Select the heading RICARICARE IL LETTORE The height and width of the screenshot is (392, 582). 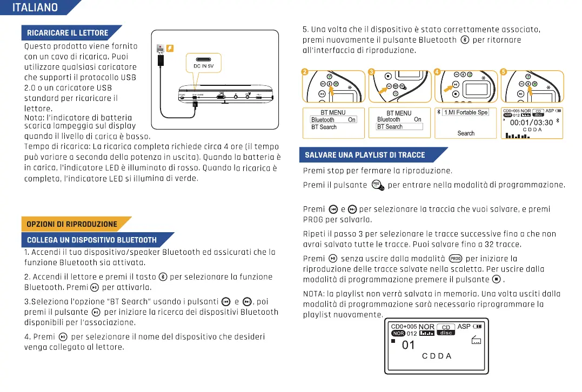(x=68, y=32)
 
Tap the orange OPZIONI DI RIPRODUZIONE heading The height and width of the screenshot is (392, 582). (x=72, y=224)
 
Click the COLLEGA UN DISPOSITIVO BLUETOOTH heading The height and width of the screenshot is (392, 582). (x=92, y=240)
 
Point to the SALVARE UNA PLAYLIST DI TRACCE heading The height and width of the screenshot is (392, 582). (x=365, y=155)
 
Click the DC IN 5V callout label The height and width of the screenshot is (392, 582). (x=203, y=66)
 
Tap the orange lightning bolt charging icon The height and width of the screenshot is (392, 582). (x=169, y=48)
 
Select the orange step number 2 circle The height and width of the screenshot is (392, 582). (x=305, y=72)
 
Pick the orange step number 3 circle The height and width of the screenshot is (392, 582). (x=371, y=72)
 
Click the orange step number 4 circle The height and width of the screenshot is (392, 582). (x=437, y=72)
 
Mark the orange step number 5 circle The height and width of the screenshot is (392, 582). (x=504, y=72)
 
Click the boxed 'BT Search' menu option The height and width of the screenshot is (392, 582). (x=399, y=127)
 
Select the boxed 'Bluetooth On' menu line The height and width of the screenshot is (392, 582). (x=333, y=120)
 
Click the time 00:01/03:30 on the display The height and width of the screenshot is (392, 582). (x=531, y=123)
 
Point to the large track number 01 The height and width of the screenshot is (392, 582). (x=409, y=345)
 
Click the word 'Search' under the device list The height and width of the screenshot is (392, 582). (x=466, y=133)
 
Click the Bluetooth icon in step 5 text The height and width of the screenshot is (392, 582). (x=464, y=40)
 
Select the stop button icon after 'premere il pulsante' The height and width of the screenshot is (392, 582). (x=497, y=279)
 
